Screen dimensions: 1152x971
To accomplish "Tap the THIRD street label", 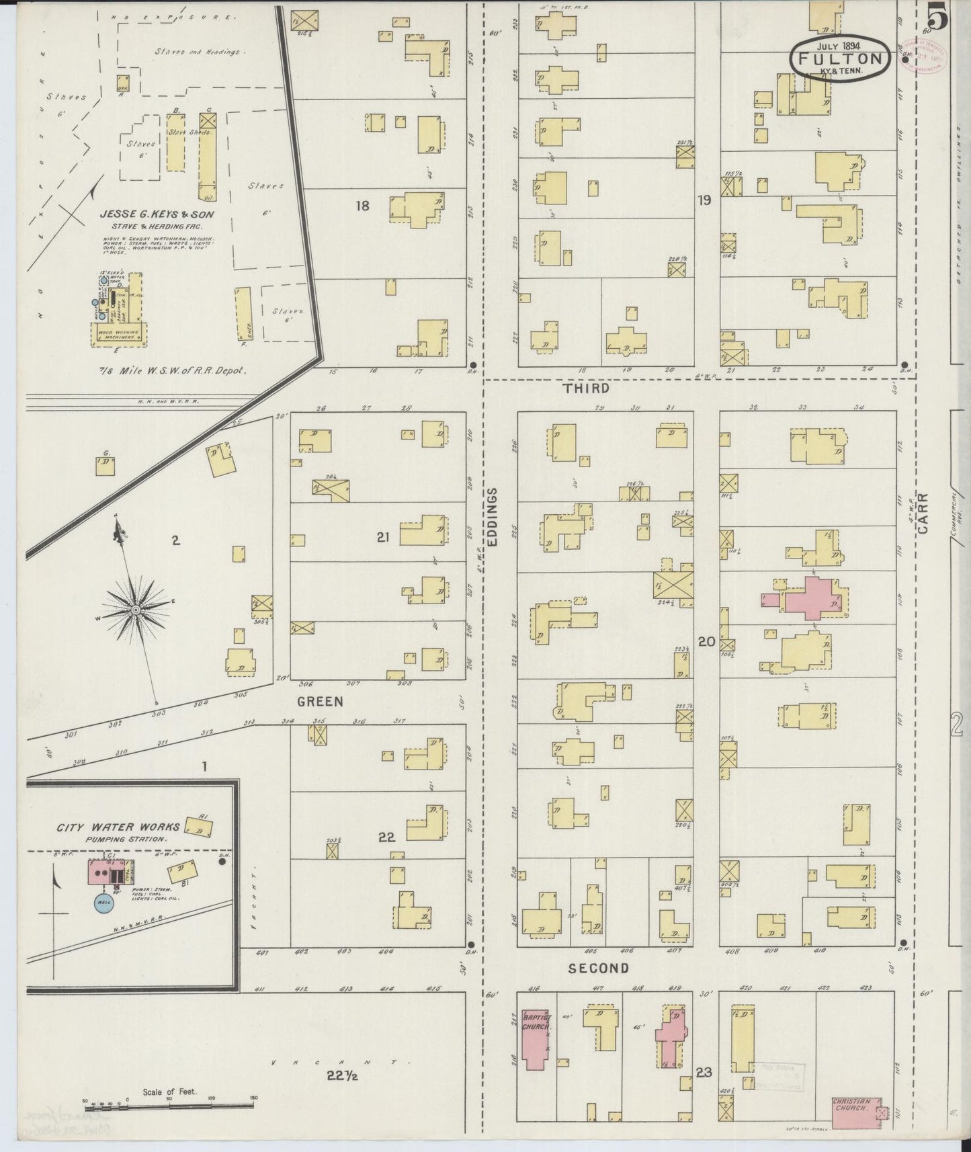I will pos(586,388).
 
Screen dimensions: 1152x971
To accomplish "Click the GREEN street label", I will pos(320,702).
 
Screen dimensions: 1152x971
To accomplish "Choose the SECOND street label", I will pos(599,969).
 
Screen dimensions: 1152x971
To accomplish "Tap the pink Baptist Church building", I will pos(536,1046).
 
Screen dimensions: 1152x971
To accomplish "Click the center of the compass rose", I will pos(135,610).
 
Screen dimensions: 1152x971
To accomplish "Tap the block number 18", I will pos(362,206).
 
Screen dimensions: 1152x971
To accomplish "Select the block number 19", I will pos(704,200).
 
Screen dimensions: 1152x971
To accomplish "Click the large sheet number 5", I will pos(939,17).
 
